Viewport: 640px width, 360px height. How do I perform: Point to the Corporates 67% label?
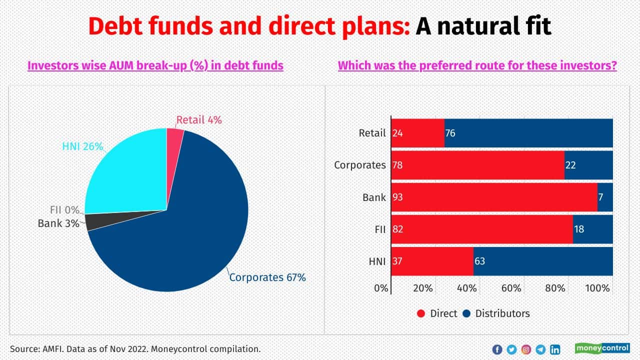pos(267,277)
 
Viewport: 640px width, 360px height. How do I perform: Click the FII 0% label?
pos(64,210)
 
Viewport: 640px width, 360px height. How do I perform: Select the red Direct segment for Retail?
pos(417,133)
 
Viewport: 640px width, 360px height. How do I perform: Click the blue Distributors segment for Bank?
pos(605,197)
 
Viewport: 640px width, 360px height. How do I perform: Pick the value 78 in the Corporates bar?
pos(398,165)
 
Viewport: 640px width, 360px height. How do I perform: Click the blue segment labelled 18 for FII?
pos(593,229)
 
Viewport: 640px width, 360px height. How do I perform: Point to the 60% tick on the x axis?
pos(511,288)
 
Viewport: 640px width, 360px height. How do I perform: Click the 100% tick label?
pos(597,288)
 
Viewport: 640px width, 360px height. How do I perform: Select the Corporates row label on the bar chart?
pos(360,165)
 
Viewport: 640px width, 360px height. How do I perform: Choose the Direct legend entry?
pos(437,313)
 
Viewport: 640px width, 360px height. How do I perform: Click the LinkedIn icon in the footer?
pos(555,349)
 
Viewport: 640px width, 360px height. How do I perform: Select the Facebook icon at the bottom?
pos(497,349)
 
